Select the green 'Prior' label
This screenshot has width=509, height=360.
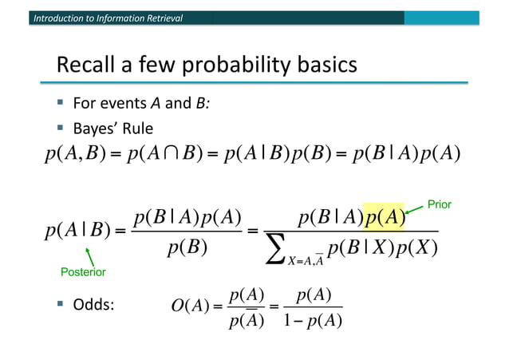439,204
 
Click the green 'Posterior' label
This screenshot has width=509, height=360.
82,272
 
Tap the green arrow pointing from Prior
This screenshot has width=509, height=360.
417,211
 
